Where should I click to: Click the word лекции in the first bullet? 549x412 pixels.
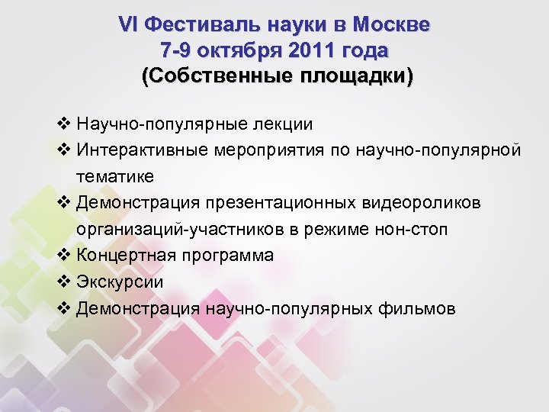(281, 124)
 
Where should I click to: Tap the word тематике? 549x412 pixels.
(114, 176)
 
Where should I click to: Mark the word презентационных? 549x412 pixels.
(291, 202)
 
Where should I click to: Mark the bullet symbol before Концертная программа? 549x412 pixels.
(63, 255)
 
